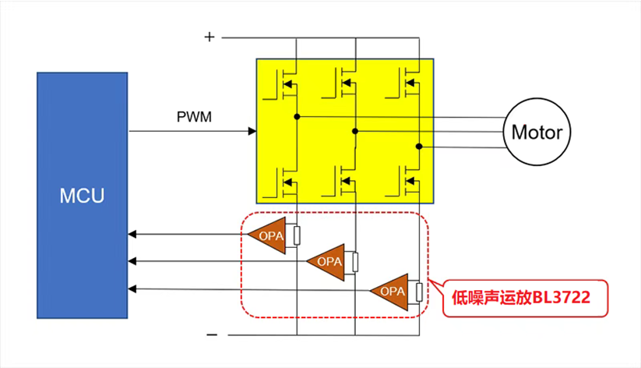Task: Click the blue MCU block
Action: click(x=82, y=195)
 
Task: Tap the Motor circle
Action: click(x=536, y=133)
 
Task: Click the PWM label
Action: click(x=194, y=117)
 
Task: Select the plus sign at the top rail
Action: click(x=209, y=37)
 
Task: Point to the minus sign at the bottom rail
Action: click(x=212, y=334)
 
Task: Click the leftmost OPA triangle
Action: click(x=267, y=234)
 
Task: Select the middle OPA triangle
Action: click(x=328, y=261)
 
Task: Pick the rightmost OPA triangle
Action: click(x=391, y=291)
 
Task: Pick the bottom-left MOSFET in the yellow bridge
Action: click(x=285, y=180)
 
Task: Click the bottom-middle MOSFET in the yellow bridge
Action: click(x=344, y=180)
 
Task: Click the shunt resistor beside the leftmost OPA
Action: click(x=297, y=235)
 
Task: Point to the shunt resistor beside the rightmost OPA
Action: click(x=419, y=292)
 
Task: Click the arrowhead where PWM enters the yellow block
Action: click(x=252, y=131)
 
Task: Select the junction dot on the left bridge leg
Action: click(x=297, y=118)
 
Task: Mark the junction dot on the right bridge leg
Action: click(x=419, y=146)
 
